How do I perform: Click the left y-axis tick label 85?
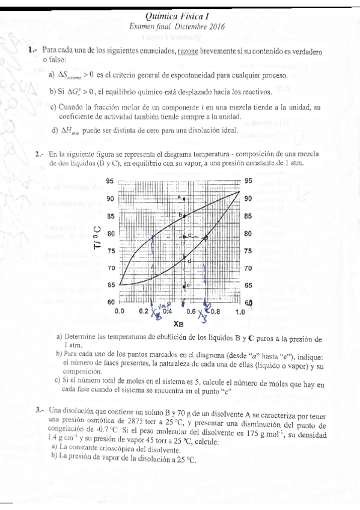point(110,216)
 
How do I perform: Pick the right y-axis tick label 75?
point(248,251)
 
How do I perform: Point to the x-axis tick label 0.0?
point(119,312)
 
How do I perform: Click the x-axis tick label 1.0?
point(240,312)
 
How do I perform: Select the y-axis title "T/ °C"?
point(96,233)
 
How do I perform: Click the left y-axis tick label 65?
point(110,285)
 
